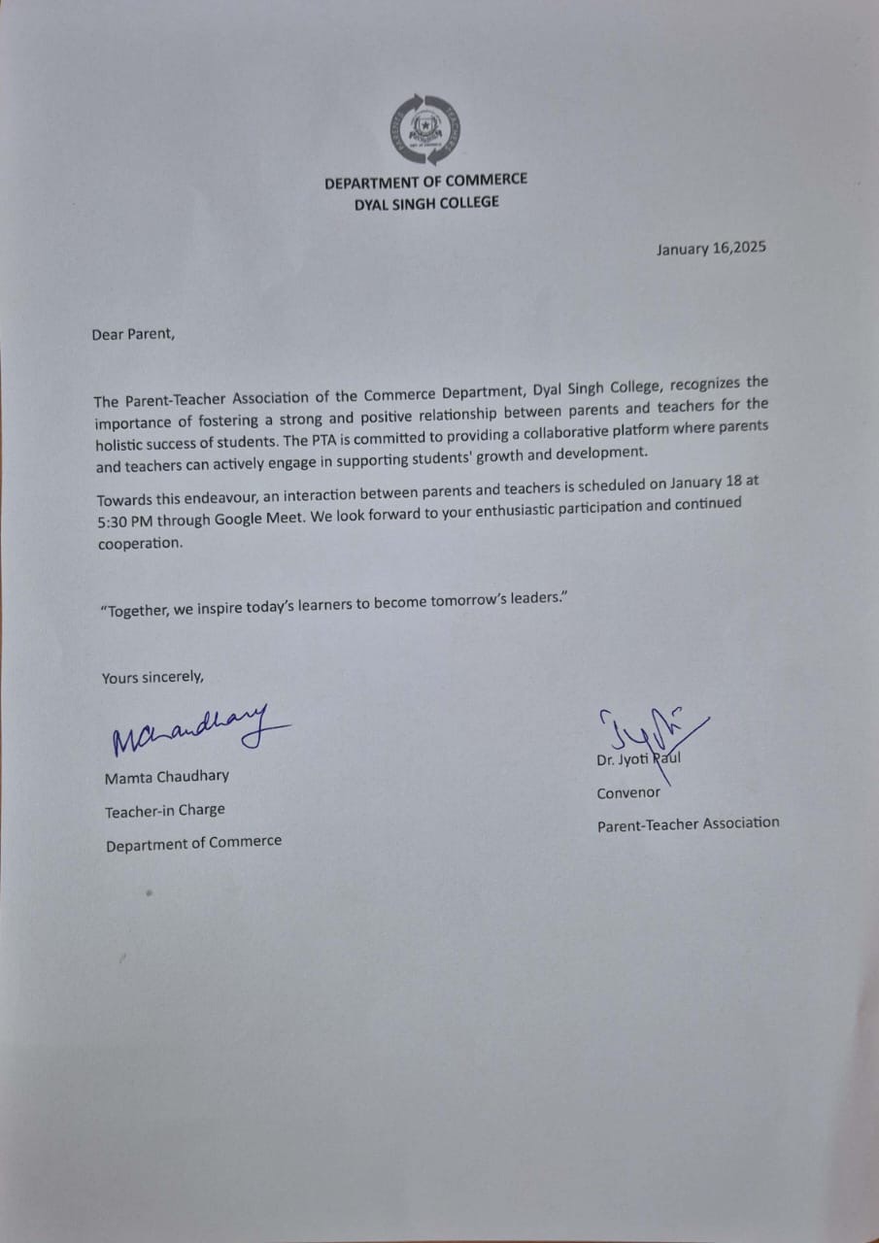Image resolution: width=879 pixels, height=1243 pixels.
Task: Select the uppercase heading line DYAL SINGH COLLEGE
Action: (x=426, y=203)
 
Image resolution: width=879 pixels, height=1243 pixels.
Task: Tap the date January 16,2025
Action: (x=711, y=248)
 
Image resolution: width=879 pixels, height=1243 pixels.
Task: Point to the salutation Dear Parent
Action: (x=134, y=334)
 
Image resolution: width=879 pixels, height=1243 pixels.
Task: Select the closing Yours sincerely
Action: (x=153, y=678)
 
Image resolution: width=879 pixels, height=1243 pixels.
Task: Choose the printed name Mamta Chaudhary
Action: (x=167, y=777)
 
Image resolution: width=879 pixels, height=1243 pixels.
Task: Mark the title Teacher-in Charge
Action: (x=165, y=810)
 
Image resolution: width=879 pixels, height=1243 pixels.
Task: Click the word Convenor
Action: (x=628, y=793)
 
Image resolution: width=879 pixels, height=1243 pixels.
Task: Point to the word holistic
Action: (x=122, y=442)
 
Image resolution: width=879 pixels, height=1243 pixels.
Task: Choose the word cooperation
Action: (x=140, y=544)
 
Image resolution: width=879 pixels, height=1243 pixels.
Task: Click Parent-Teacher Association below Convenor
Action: (x=688, y=823)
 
